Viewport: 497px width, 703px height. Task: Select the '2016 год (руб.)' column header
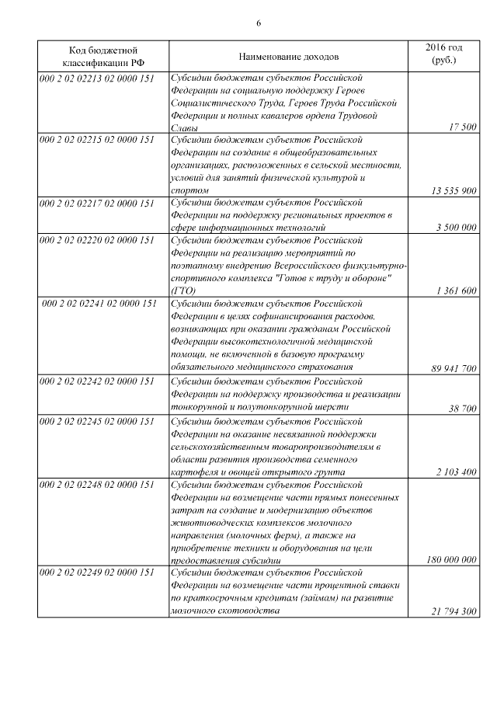click(x=444, y=53)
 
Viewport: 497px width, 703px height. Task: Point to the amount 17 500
click(x=463, y=127)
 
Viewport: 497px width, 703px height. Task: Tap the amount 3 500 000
click(x=457, y=228)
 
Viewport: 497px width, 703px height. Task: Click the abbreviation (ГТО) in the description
click(x=180, y=291)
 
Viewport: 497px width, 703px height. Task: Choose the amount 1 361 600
click(x=457, y=291)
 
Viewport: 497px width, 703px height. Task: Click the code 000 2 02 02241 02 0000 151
click(x=99, y=304)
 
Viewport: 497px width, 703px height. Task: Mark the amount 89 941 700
click(x=454, y=368)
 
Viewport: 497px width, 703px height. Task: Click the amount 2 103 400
click(x=457, y=471)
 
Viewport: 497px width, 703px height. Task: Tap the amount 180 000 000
click(x=452, y=559)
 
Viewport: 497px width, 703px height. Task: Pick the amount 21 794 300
click(x=454, y=611)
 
